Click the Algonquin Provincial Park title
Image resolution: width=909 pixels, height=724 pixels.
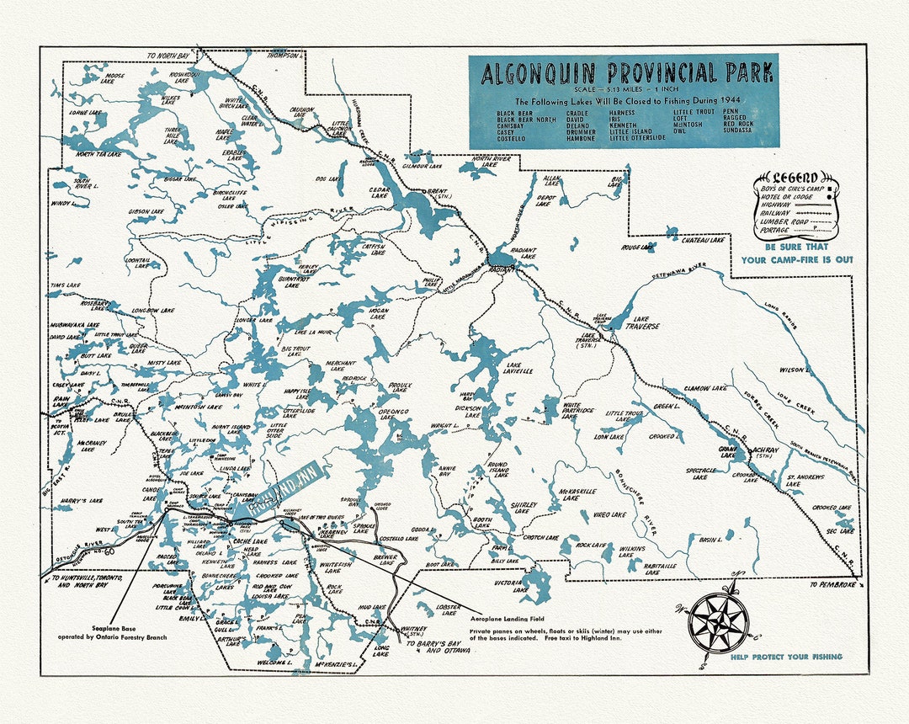(627, 73)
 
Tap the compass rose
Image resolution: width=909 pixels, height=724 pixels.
(718, 622)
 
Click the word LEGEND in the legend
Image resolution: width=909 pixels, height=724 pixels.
(795, 178)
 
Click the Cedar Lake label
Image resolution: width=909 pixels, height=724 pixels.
(380, 194)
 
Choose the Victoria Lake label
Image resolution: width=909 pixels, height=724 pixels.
(509, 586)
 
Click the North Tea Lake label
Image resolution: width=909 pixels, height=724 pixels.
(98, 155)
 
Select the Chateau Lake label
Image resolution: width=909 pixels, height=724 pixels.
(703, 241)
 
